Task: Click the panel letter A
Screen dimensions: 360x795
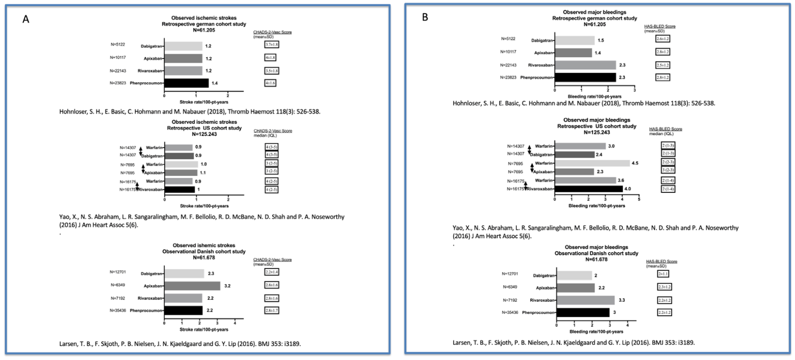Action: (26, 19)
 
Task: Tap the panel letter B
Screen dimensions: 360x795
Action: (425, 17)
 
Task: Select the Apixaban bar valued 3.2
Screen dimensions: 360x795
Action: (192, 286)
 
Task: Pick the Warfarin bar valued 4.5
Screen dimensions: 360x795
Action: (592, 163)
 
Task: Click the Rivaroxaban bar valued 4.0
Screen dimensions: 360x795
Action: (589, 189)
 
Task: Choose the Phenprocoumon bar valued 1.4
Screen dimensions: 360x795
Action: (186, 83)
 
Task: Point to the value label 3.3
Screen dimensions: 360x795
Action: (621, 300)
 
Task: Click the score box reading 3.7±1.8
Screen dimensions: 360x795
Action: (272, 44)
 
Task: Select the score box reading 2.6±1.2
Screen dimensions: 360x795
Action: (662, 39)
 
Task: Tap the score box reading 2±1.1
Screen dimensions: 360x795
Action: (663, 274)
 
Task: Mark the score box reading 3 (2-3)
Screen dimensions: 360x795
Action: (668, 170)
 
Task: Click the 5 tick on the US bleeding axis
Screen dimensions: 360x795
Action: (639, 199)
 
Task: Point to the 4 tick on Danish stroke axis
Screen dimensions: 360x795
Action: (235, 323)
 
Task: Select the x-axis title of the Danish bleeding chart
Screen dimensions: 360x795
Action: (596, 332)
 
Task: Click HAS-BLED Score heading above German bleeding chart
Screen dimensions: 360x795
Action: (660, 27)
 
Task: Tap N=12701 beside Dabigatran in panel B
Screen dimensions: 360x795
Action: (510, 274)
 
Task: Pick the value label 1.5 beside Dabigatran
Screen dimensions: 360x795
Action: (601, 41)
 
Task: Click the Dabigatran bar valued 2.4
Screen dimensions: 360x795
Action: (574, 155)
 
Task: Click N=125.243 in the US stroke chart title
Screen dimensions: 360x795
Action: (204, 134)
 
